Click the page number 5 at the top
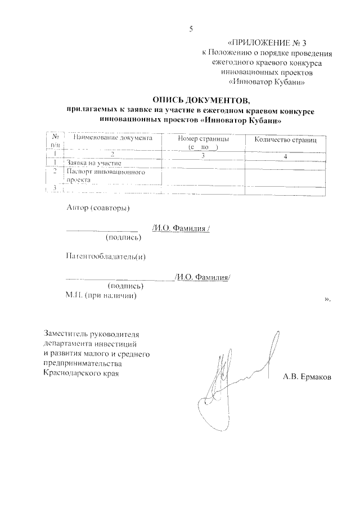coord(191,29)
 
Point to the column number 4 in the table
coord(286,156)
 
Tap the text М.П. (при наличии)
coord(101,296)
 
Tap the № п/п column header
coord(55,141)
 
